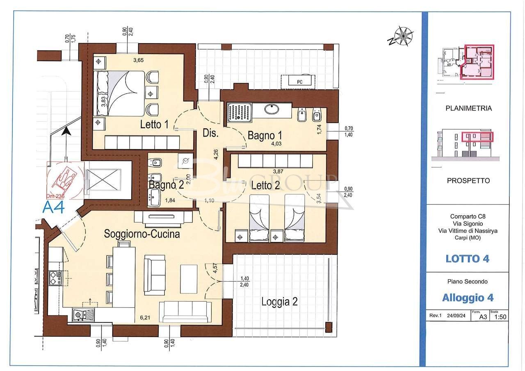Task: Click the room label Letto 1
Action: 154,124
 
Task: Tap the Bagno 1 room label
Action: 265,136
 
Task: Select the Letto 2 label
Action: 265,185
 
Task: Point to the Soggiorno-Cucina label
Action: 142,234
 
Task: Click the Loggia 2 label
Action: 279,302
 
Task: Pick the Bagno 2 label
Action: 166,185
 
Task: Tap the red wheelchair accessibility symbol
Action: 61,179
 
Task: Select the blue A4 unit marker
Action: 53,207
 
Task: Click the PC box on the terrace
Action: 299,82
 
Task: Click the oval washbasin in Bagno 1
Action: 272,109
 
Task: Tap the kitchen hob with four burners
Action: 55,278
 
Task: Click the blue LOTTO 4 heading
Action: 467,259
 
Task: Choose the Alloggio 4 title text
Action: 468,298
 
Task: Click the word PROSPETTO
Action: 468,180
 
